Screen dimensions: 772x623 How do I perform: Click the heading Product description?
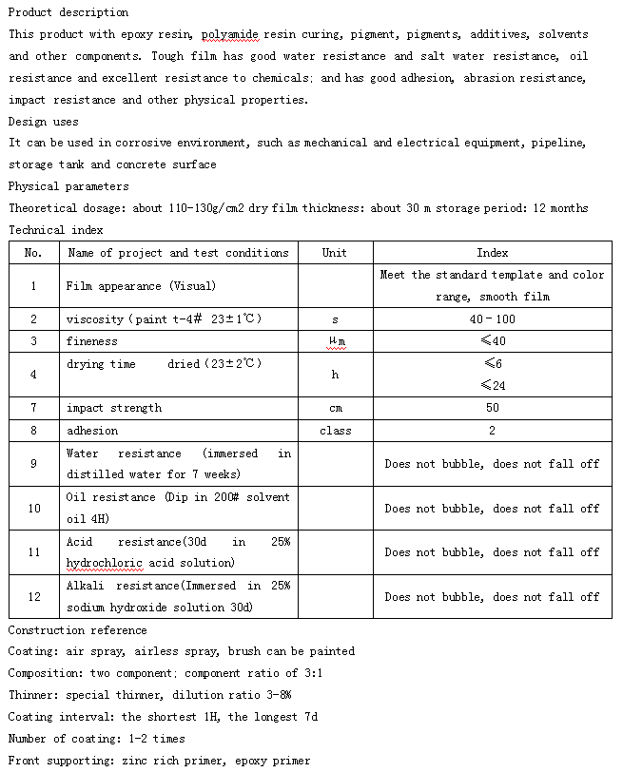pyautogui.click(x=68, y=12)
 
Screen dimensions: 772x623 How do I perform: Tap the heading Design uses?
pyautogui.click(x=43, y=122)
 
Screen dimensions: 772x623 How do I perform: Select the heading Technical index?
pyautogui.click(x=55, y=230)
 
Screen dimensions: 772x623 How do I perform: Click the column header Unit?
pyautogui.click(x=335, y=253)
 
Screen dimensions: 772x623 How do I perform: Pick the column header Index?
pyautogui.click(x=492, y=253)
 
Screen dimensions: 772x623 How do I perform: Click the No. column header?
pyautogui.click(x=33, y=253)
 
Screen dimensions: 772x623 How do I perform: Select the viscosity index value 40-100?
pyautogui.click(x=492, y=319)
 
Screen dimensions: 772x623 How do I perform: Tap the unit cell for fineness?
pyautogui.click(x=335, y=341)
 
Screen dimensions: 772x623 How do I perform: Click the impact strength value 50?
pyautogui.click(x=492, y=408)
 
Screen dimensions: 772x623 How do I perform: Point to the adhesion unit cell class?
pyautogui.click(x=335, y=431)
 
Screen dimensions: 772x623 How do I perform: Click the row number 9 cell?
pyautogui.click(x=33, y=464)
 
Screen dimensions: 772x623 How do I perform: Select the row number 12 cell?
pyautogui.click(x=33, y=597)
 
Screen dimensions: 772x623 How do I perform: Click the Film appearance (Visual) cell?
pyautogui.click(x=141, y=285)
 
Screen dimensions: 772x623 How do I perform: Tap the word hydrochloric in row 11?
pyautogui.click(x=104, y=563)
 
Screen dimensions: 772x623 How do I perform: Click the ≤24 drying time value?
pyautogui.click(x=492, y=385)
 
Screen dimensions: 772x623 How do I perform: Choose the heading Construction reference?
pyautogui.click(x=77, y=630)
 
